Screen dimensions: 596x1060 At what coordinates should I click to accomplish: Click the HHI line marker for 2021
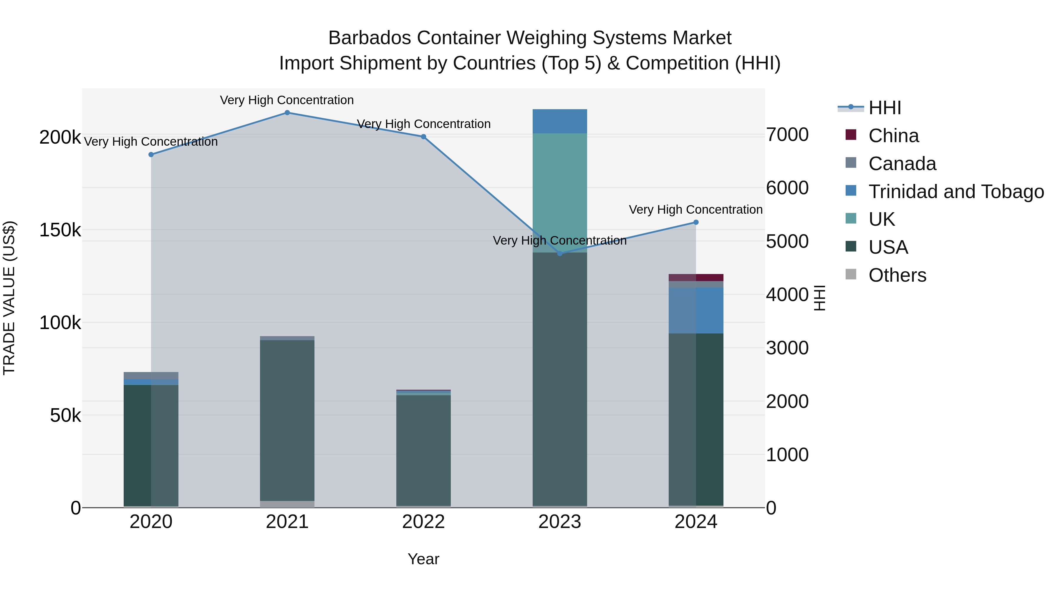tap(287, 113)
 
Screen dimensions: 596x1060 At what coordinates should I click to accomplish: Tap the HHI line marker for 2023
tap(560, 253)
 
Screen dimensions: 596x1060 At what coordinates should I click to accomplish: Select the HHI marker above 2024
tap(696, 222)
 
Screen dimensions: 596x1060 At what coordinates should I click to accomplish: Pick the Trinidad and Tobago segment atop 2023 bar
tap(560, 121)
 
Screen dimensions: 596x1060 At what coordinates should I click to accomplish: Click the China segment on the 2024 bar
tap(696, 278)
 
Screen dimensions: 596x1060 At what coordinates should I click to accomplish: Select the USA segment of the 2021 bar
tap(287, 419)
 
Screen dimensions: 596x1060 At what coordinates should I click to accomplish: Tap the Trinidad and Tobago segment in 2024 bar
tap(696, 310)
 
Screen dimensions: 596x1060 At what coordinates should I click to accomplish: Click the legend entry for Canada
tap(902, 164)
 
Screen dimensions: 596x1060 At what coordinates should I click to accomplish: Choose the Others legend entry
tap(897, 275)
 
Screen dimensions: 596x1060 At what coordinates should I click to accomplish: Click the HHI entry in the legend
tap(885, 108)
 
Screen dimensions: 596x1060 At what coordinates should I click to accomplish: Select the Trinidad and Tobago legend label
tap(956, 192)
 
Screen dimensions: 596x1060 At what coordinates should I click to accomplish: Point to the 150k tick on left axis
tap(60, 230)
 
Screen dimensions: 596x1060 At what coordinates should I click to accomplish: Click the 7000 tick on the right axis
tap(787, 135)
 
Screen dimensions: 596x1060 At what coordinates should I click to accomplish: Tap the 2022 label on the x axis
tap(423, 522)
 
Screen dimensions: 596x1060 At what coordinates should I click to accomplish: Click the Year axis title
tap(423, 559)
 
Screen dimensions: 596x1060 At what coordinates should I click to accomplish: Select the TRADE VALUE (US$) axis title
tap(9, 298)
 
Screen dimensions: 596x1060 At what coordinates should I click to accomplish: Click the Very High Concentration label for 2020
tap(150, 142)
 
